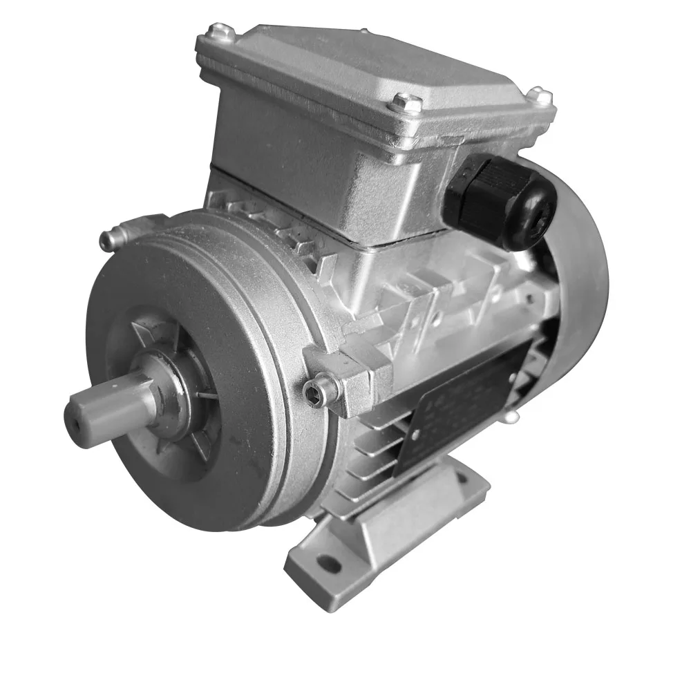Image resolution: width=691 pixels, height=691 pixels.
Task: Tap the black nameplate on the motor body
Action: [456, 408]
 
